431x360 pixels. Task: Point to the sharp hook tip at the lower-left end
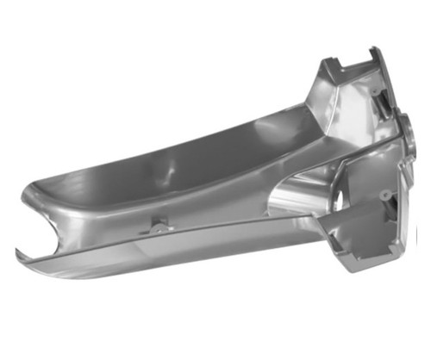pos(18,251)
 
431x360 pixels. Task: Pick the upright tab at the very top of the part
pos(372,53)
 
